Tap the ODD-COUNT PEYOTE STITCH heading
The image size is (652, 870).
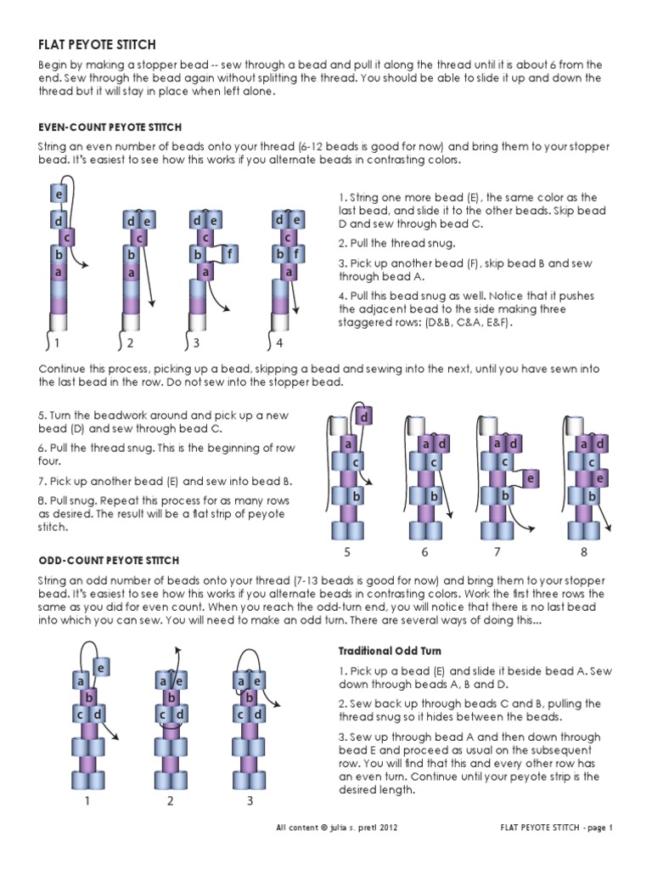[x=109, y=560]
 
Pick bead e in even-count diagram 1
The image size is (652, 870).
[x=59, y=195]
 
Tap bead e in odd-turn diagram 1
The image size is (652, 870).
[x=99, y=668]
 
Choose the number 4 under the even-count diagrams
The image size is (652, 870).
[x=280, y=343]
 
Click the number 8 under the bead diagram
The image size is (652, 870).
[x=584, y=552]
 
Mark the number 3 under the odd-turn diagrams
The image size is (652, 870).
[x=250, y=800]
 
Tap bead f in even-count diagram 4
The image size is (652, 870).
[x=300, y=253]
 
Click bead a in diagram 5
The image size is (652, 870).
[x=347, y=443]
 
